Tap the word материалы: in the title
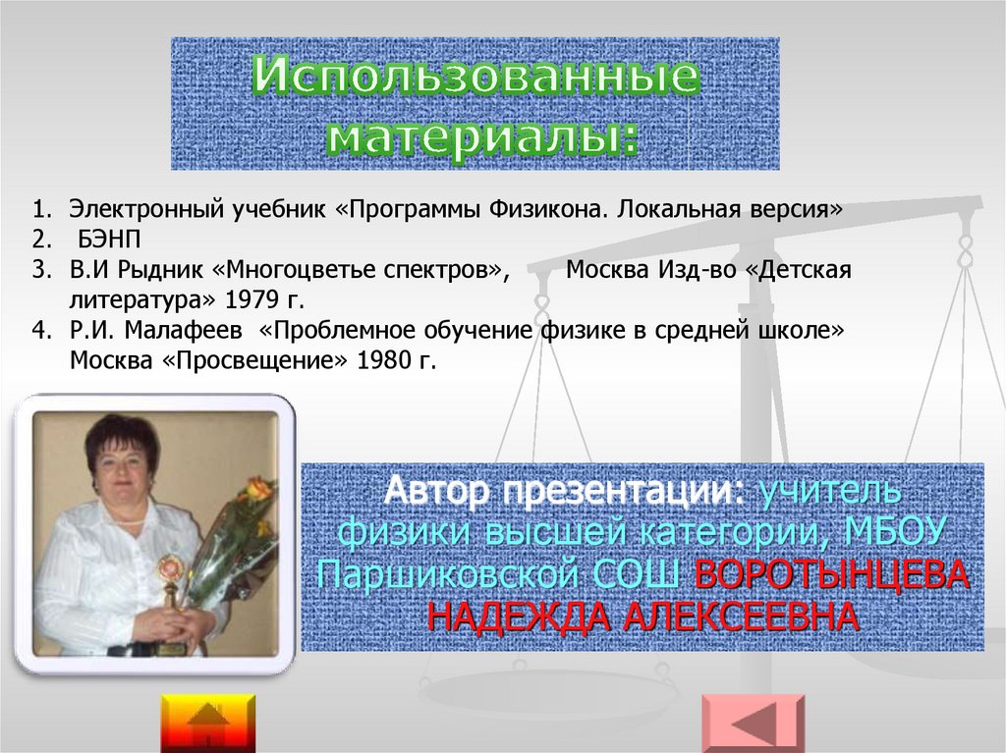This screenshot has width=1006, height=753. pyautogui.click(x=483, y=136)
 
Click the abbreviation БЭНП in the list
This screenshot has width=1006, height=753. pyautogui.click(x=108, y=240)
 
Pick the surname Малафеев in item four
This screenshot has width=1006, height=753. pyautogui.click(x=184, y=330)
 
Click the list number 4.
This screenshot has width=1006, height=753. pyautogui.click(x=41, y=330)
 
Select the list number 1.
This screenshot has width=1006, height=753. pyautogui.click(x=41, y=209)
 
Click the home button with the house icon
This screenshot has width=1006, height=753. pyautogui.click(x=208, y=724)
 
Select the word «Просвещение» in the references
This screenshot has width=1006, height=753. pyautogui.click(x=254, y=360)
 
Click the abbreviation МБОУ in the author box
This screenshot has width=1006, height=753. pyautogui.click(x=895, y=532)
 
